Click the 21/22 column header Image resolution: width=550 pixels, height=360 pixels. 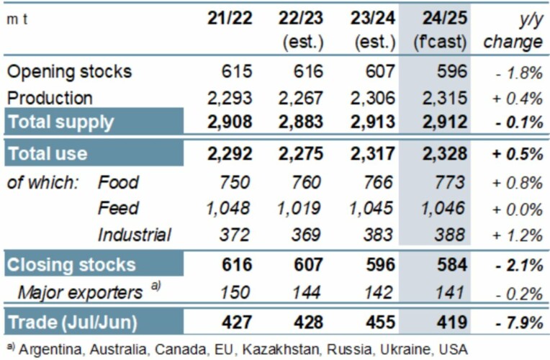point(230,19)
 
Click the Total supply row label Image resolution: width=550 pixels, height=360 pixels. point(60,122)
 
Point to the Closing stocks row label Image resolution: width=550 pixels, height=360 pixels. point(71,264)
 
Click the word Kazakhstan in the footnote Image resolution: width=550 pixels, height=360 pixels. point(278,349)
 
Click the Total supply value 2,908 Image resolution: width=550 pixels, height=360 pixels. point(227,122)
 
